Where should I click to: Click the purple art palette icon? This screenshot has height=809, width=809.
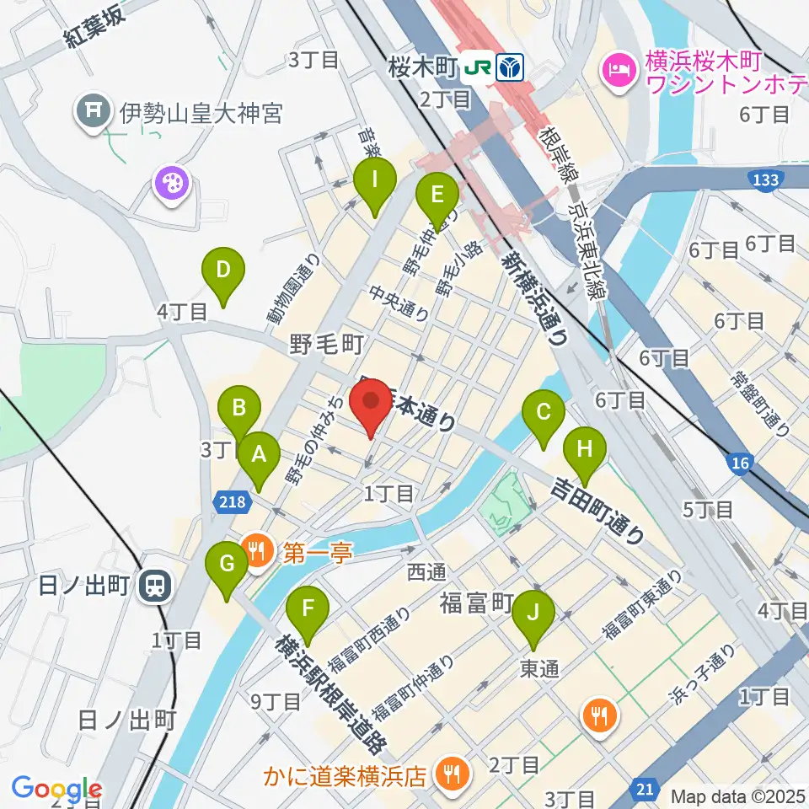[x=172, y=184]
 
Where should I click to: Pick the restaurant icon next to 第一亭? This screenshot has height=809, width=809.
[x=257, y=553]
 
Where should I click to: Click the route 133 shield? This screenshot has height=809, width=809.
[x=766, y=179]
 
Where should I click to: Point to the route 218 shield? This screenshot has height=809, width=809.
[x=235, y=502]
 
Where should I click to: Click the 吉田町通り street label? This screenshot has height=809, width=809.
[x=599, y=510]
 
